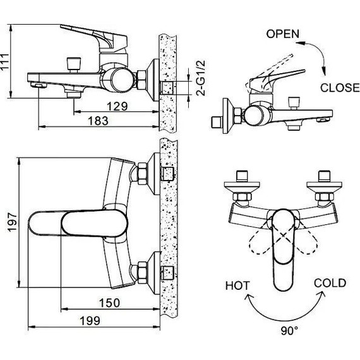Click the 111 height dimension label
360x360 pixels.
coord(5,61)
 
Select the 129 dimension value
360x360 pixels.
coord(117,106)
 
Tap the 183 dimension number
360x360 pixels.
coord(98,121)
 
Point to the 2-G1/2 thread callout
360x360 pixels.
coord(200,78)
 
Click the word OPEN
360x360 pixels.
coord(283,34)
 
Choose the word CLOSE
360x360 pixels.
coord(340,88)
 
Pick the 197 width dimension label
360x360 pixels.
coord(12,222)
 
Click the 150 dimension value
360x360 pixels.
coord(109,303)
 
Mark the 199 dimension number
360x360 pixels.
coord(90,321)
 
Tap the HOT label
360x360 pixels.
coord(237,286)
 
